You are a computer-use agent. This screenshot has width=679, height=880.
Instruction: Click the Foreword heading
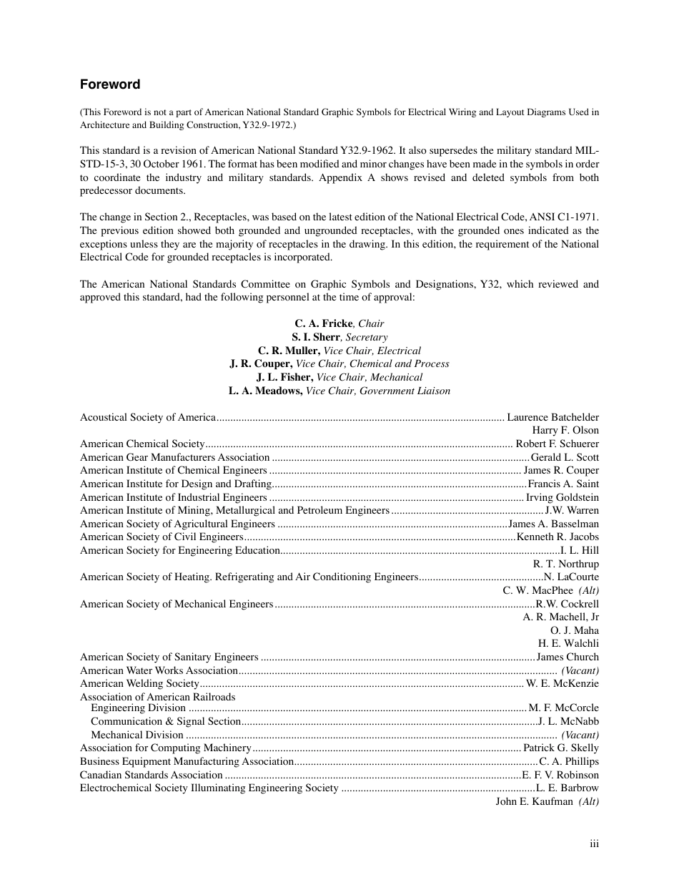point(110,84)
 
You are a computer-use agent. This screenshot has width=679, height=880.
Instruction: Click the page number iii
point(594,844)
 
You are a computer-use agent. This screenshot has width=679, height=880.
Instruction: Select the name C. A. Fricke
point(324,323)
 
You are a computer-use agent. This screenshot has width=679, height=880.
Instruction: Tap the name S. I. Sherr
point(315,337)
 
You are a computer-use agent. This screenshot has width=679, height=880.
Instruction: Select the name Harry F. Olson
point(565,430)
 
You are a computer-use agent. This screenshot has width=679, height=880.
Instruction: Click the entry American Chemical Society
point(143,444)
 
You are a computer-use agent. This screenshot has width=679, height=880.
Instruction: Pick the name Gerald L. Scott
point(565,457)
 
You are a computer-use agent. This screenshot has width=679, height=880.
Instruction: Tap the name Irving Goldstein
point(562,497)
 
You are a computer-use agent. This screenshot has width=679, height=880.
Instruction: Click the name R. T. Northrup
point(566,564)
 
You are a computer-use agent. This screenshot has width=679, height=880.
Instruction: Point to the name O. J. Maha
point(575,630)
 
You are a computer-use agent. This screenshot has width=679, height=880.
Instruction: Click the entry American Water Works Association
point(159,670)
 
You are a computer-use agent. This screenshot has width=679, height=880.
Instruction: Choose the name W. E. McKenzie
point(562,683)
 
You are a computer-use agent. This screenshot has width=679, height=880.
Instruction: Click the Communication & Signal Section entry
point(166,722)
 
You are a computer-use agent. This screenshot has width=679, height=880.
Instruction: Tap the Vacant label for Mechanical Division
point(580,735)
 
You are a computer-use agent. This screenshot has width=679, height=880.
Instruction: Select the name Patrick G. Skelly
point(561,748)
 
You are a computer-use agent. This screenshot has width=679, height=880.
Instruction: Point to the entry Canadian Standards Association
point(152,775)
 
